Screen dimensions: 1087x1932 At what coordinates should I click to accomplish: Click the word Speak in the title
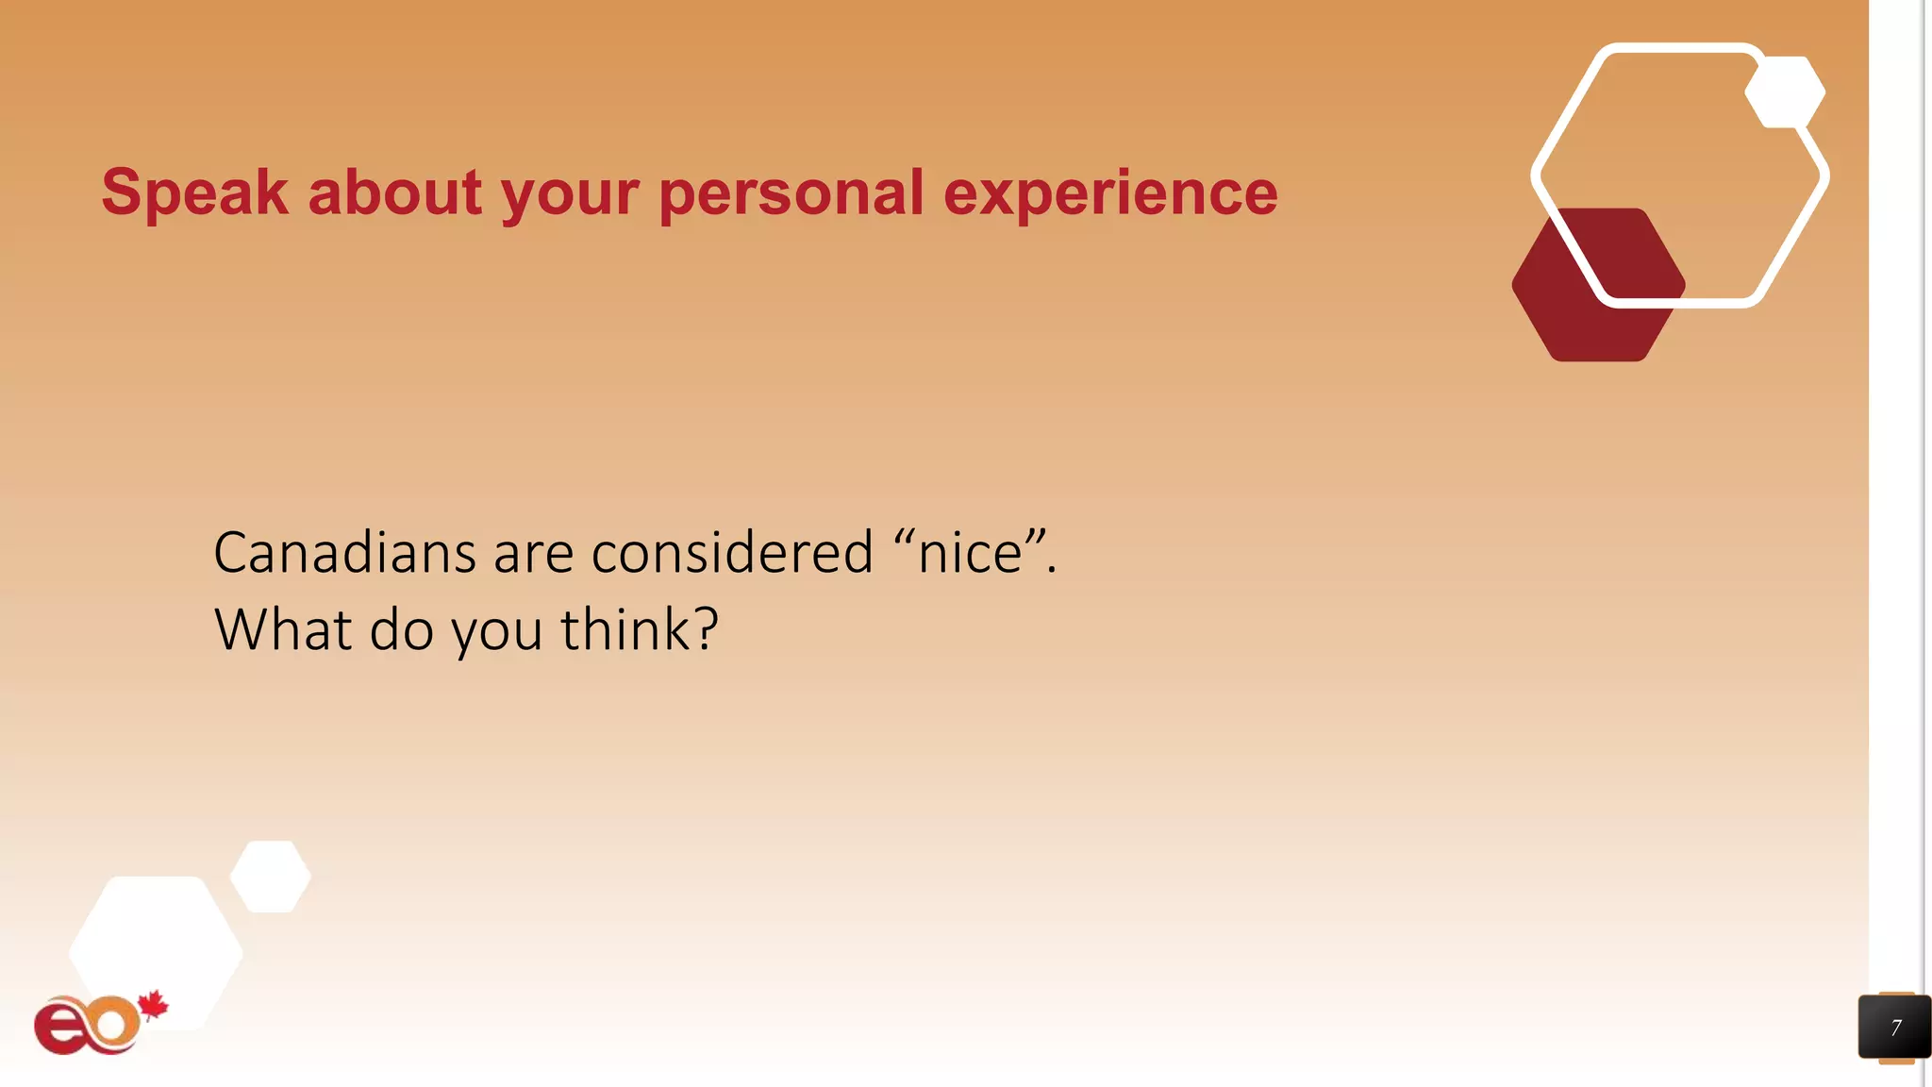[x=194, y=192]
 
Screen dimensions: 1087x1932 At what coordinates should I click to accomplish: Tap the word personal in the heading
[x=791, y=192]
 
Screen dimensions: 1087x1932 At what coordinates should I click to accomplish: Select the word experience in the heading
[x=1110, y=192]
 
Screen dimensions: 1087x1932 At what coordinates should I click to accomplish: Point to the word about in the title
[x=395, y=192]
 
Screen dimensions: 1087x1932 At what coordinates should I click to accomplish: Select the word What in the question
[x=283, y=629]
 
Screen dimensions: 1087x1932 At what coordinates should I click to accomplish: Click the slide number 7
[x=1895, y=1028]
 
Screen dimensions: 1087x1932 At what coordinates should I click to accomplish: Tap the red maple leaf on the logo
[x=153, y=1006]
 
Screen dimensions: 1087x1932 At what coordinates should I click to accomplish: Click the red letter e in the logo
[x=58, y=1028]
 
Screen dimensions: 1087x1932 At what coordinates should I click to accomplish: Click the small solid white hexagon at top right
[x=1785, y=92]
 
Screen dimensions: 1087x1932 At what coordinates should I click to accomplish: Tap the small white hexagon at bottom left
[x=271, y=877]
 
